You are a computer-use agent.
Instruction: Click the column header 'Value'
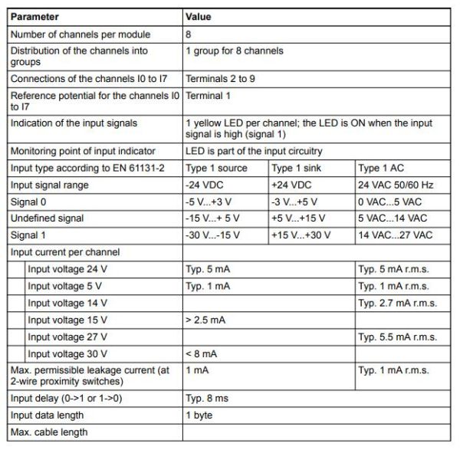tap(199, 16)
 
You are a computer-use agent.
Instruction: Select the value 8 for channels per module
tap(189, 34)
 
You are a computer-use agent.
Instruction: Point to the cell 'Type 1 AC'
tap(380, 168)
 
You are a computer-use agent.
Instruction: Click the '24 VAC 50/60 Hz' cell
tap(396, 185)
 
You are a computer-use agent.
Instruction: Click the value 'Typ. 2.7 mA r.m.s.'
tap(397, 303)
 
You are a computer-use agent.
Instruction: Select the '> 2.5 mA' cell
tap(205, 320)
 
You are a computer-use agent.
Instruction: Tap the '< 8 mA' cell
tap(201, 353)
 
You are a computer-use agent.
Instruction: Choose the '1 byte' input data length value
tap(199, 415)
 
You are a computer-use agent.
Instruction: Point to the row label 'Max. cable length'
tap(48, 432)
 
